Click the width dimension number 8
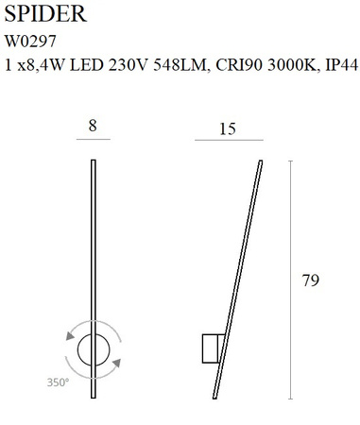tap(91, 123)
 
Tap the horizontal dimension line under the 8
tap(92, 139)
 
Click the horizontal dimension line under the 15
tap(227, 139)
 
